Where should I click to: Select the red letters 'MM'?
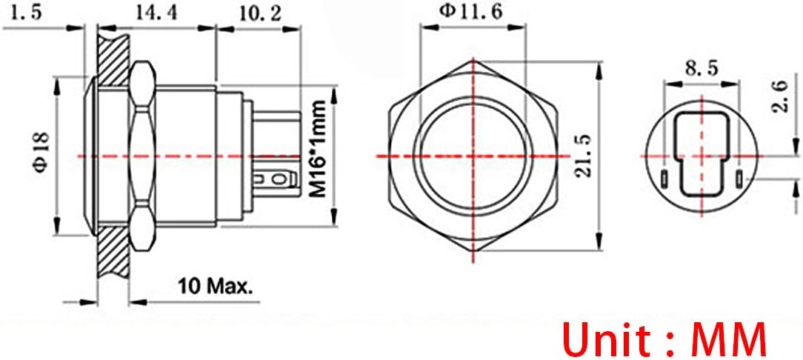(728, 339)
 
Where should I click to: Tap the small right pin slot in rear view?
(739, 179)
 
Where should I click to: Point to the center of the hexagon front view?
(472, 156)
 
